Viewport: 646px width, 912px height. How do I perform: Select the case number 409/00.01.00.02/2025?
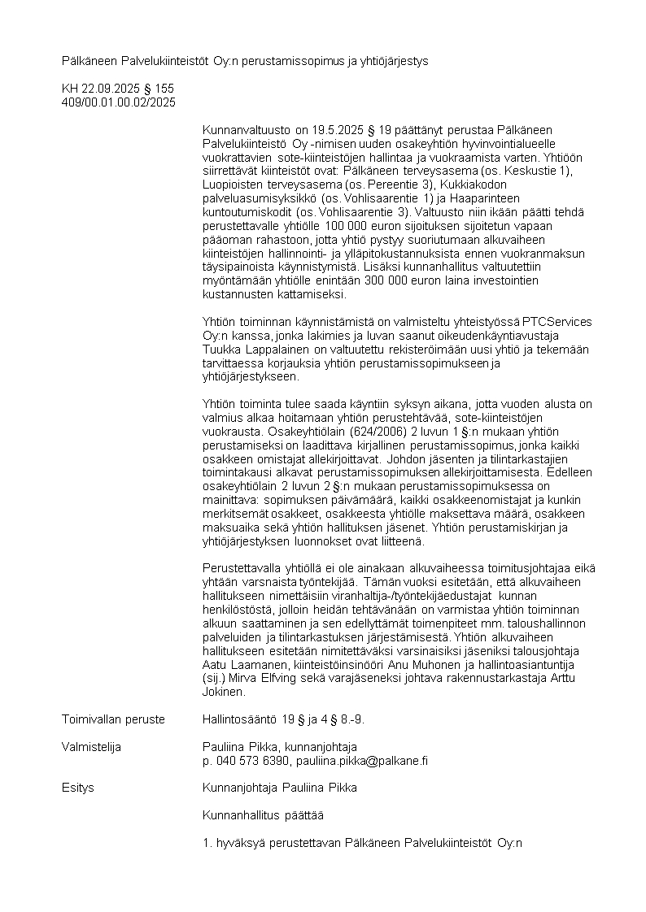(x=119, y=102)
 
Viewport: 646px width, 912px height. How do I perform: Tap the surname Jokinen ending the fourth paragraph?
(x=223, y=692)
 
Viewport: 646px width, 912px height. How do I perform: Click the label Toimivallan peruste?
(x=113, y=719)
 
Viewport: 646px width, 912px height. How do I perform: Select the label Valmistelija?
(x=91, y=747)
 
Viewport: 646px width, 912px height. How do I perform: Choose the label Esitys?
(x=78, y=788)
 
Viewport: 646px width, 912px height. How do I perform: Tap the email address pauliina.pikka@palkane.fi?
(x=363, y=761)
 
